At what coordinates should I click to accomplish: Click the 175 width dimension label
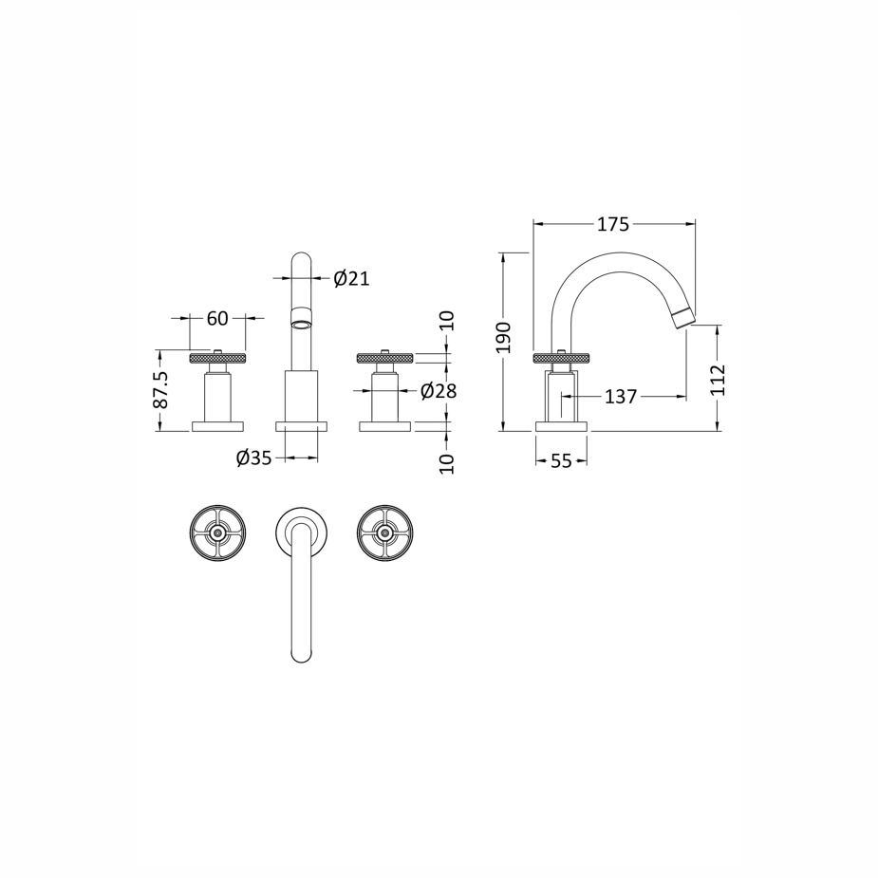click(x=613, y=225)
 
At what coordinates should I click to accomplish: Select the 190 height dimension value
click(x=505, y=338)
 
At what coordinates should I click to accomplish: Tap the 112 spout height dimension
click(x=718, y=381)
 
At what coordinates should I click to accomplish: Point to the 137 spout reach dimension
click(x=621, y=397)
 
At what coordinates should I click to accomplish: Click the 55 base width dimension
click(x=561, y=461)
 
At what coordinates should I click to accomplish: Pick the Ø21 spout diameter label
click(x=351, y=278)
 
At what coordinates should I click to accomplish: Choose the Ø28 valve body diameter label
click(x=439, y=391)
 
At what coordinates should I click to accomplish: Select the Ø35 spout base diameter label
click(x=253, y=458)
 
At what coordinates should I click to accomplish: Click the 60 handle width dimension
click(x=217, y=319)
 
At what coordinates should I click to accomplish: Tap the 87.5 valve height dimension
click(x=160, y=390)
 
